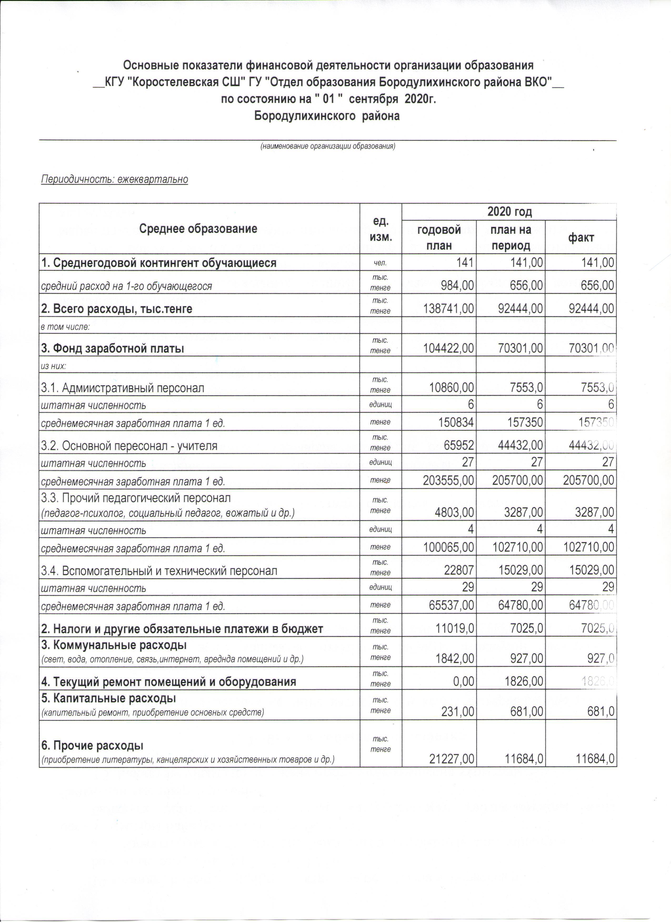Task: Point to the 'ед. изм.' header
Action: (x=380, y=229)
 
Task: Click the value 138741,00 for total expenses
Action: (x=447, y=309)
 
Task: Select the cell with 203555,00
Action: (x=447, y=481)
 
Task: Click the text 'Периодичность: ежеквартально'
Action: (x=114, y=179)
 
